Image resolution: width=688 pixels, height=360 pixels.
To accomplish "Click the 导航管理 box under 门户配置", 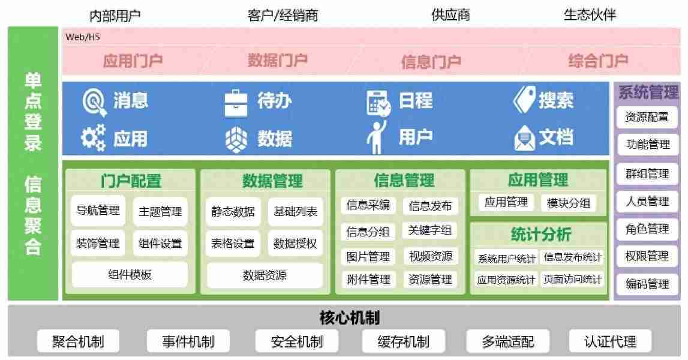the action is point(98,211).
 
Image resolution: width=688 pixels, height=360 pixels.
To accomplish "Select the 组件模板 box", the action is point(130,275).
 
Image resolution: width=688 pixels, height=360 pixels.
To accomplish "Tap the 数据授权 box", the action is point(295,243).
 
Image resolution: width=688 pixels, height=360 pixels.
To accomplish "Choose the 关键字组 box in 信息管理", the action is point(430,230).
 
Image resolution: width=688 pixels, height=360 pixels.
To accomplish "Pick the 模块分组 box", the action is point(569,203).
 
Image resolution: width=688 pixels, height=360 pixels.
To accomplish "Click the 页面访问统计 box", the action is point(573,279).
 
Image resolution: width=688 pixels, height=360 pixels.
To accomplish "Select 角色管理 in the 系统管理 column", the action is point(647,229).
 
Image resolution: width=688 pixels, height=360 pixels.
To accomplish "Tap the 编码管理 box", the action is point(647,284).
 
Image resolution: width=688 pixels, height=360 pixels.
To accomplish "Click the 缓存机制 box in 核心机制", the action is point(404,341).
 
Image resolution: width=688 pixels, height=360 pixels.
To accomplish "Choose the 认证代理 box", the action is point(611,341).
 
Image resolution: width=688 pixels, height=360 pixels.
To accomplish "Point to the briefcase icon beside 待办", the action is point(236,104).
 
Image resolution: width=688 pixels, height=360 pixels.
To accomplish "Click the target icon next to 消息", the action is point(94,102).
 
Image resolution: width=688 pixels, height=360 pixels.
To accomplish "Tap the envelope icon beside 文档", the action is point(524,138).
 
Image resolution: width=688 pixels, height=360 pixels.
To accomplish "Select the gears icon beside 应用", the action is point(94,138).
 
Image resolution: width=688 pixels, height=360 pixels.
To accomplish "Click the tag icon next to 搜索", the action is point(524,100).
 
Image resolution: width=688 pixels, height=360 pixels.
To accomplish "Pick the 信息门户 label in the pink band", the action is point(431,62).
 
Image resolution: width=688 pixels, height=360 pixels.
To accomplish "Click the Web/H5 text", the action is point(83,37).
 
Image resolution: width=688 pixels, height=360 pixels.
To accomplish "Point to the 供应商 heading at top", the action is point(450,15).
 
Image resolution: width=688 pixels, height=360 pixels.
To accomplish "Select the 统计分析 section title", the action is point(541,234).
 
